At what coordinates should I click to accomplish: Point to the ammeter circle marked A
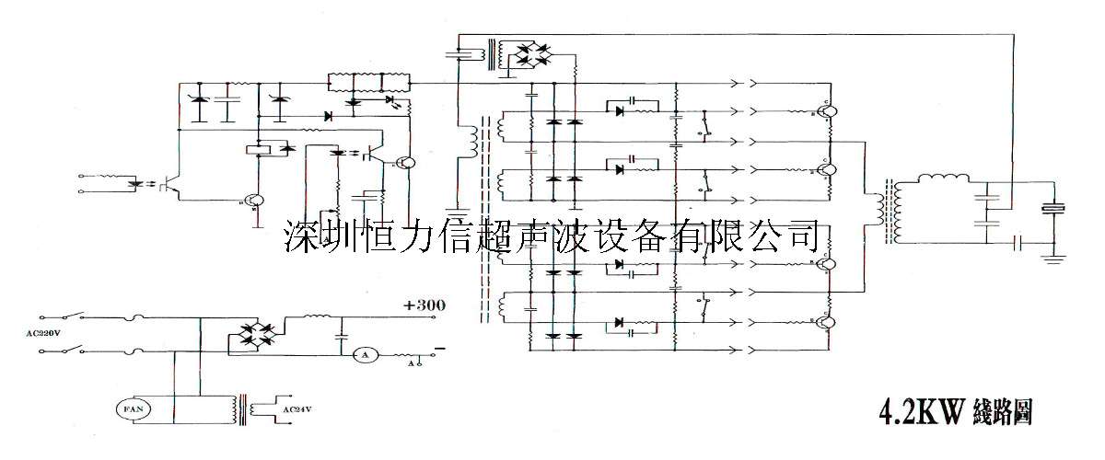tap(363, 354)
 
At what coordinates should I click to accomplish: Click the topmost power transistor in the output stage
tap(829, 112)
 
